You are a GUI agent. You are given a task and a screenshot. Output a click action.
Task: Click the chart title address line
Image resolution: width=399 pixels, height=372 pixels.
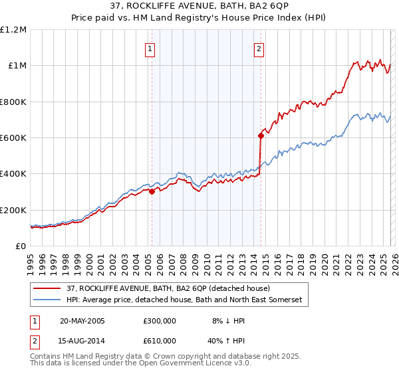(199, 7)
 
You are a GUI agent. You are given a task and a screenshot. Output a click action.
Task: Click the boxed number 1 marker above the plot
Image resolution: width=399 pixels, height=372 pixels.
(150, 48)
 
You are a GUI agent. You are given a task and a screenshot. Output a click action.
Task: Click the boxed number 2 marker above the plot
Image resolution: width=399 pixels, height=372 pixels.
(259, 48)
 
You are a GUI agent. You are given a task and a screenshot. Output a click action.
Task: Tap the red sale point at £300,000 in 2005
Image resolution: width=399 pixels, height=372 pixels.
(152, 191)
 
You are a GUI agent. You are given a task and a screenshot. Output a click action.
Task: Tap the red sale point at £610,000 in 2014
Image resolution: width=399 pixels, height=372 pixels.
(261, 136)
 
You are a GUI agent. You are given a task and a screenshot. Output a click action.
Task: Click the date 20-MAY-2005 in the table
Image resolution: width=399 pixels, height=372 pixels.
(82, 321)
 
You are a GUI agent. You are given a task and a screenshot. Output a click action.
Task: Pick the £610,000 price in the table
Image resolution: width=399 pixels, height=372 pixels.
(160, 340)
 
